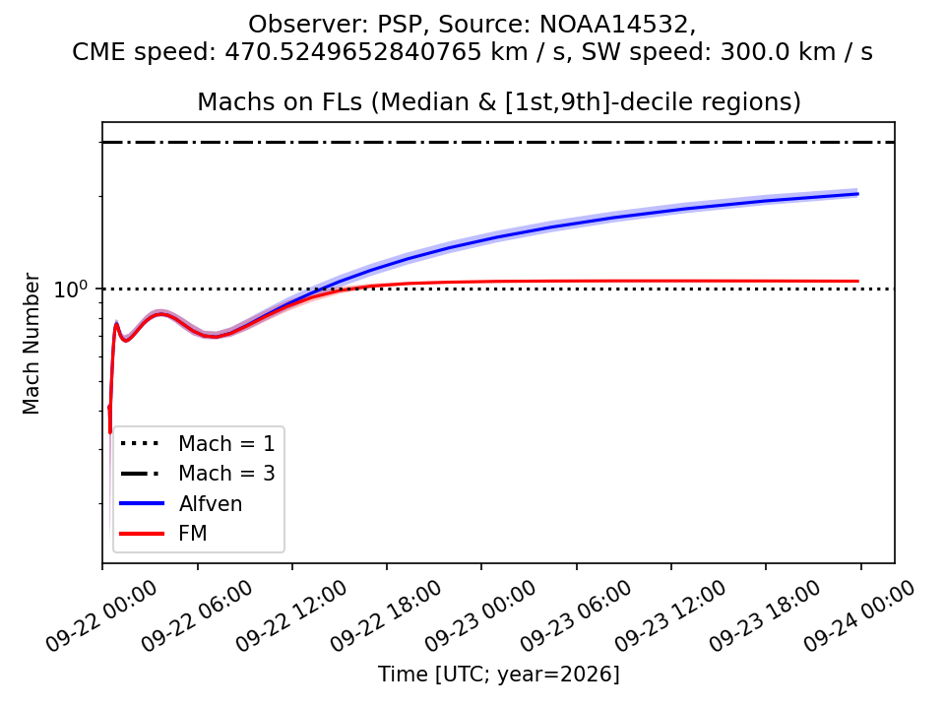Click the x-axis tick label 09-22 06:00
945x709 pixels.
[x=197, y=616]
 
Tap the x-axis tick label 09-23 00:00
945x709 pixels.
[x=480, y=616]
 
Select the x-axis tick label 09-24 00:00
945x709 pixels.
[x=859, y=616]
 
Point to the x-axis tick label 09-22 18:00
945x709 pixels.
[x=386, y=616]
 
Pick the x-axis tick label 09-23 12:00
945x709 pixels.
[x=670, y=616]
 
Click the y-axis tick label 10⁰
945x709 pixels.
[x=71, y=289]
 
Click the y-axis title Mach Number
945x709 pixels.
[x=31, y=344]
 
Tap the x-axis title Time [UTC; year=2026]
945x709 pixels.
[x=498, y=674]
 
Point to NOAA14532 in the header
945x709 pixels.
[x=614, y=24]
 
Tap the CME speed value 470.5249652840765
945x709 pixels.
[x=352, y=52]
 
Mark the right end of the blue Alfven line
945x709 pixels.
[x=858, y=194]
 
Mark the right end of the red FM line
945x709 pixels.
[x=858, y=281]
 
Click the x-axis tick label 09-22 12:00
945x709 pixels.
[x=291, y=616]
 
